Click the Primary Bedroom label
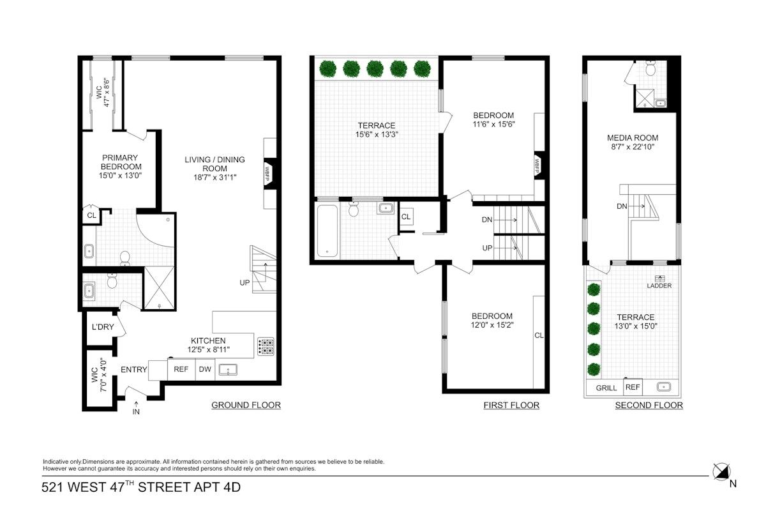click(x=121, y=162)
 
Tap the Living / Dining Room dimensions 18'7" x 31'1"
click(x=214, y=178)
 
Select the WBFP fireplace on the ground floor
click(x=270, y=173)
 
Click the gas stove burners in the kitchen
click(x=266, y=346)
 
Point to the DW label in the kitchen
click(x=205, y=369)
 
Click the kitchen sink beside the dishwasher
click(x=228, y=370)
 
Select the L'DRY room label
click(x=103, y=327)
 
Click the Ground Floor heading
click(x=246, y=405)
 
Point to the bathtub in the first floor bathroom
click(x=327, y=231)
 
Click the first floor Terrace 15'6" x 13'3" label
click(x=377, y=130)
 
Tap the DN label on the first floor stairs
click(x=486, y=220)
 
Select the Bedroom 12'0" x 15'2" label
click(x=492, y=321)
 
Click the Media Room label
click(x=633, y=138)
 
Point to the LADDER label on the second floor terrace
click(x=659, y=286)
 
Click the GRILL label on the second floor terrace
click(x=606, y=388)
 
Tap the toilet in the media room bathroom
click(x=650, y=68)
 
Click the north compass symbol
click(x=721, y=472)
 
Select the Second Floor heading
click(x=649, y=405)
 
